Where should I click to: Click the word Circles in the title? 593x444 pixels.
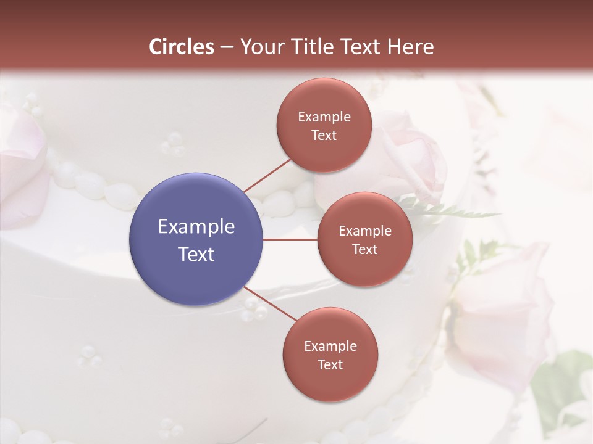point(181,47)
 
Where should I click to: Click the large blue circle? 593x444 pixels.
point(196,239)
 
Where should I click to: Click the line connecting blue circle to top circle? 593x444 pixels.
point(267,176)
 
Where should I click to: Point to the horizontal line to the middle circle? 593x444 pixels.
point(290,239)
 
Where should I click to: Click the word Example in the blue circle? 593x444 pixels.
point(196,227)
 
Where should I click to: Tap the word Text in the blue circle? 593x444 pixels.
point(196,254)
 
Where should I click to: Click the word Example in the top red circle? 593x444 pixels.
point(324,117)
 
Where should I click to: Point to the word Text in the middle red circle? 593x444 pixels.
point(364,249)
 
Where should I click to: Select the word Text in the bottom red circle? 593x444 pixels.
point(330,364)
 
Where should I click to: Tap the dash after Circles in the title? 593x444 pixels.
point(227,47)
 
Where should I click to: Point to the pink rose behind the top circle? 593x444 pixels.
point(408,154)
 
